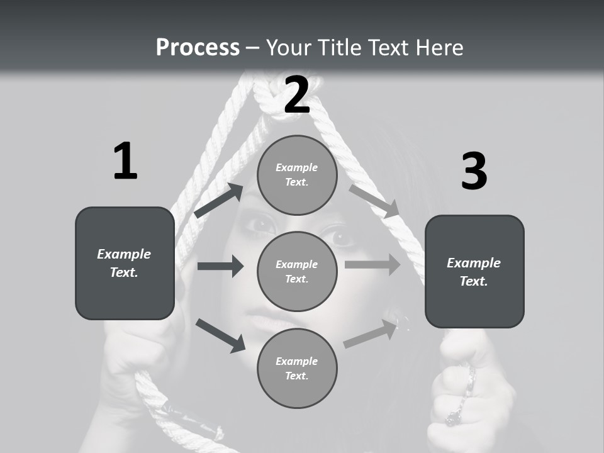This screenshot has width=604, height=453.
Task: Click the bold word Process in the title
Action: [198, 48]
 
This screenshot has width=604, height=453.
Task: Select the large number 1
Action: [125, 162]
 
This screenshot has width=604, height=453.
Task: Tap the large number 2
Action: [297, 94]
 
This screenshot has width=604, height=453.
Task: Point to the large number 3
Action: [474, 171]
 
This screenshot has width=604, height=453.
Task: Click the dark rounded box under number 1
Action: [125, 263]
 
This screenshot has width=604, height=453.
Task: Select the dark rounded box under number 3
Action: [474, 272]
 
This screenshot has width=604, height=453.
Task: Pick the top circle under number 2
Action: [297, 175]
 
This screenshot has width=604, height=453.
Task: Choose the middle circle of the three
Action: [297, 272]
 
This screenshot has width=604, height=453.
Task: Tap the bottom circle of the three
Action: [297, 369]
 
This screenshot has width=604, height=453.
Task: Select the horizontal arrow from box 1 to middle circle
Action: [220, 266]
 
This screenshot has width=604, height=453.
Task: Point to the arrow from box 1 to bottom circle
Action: [220, 335]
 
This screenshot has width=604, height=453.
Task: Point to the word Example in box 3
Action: [474, 263]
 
